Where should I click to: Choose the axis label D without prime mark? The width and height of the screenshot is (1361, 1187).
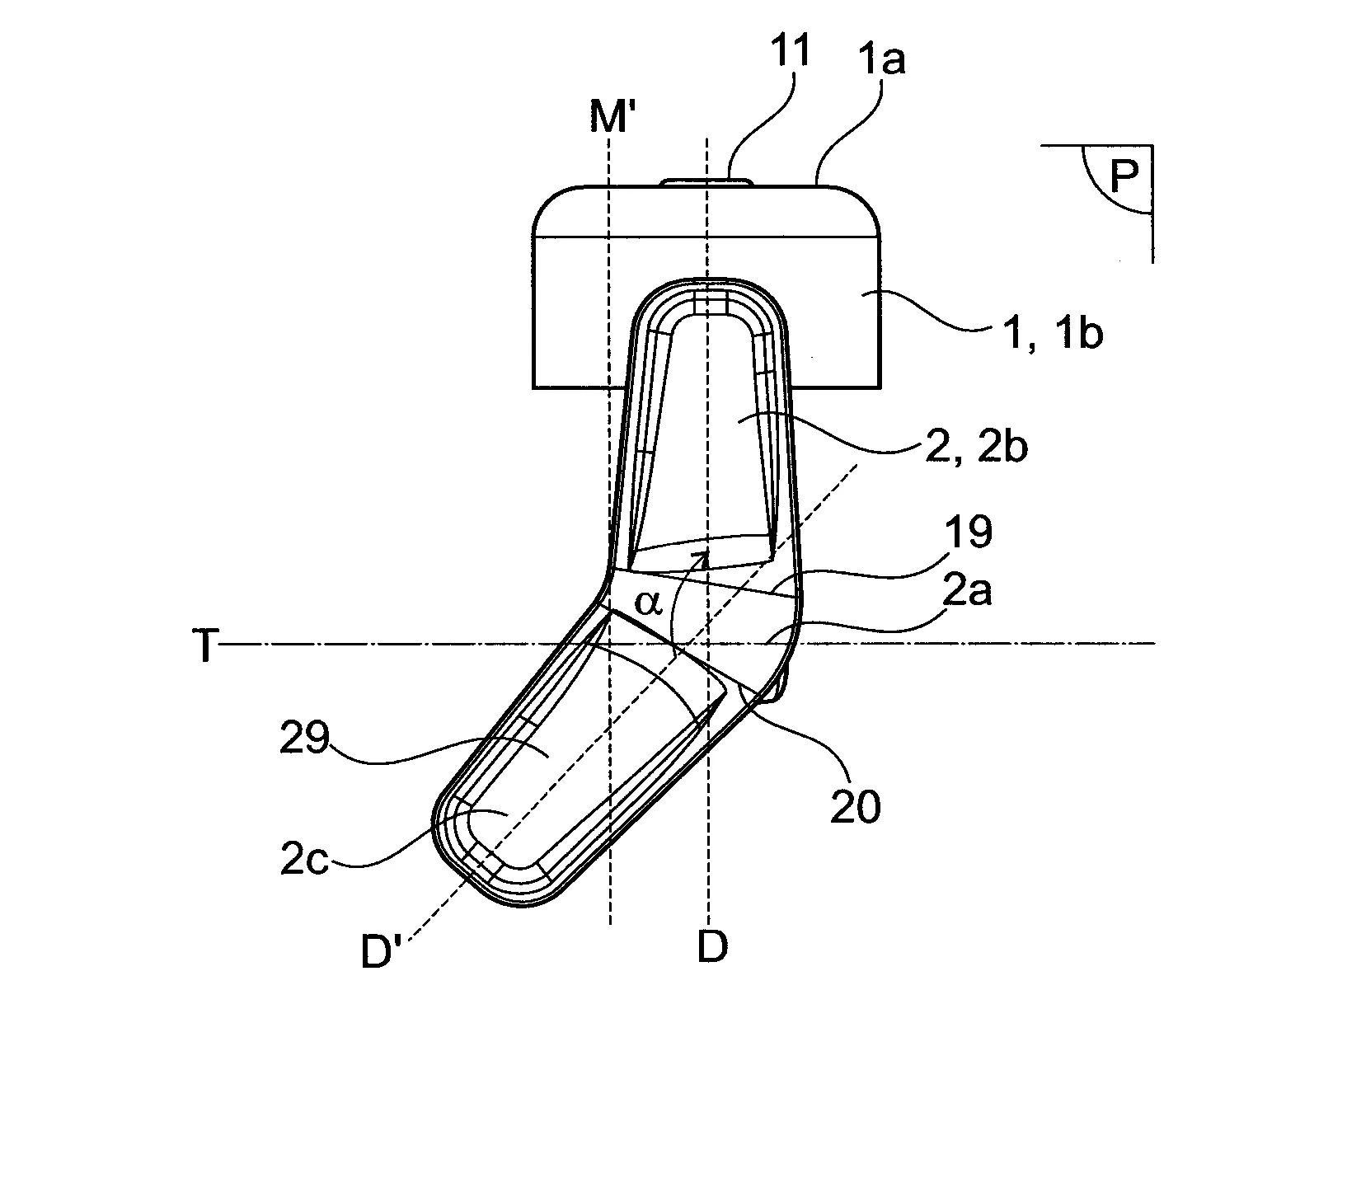712,947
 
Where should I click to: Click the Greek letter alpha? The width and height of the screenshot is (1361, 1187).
649,603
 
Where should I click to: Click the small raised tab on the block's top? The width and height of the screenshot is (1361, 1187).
706,181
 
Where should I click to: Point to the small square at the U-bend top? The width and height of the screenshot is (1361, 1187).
711,303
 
